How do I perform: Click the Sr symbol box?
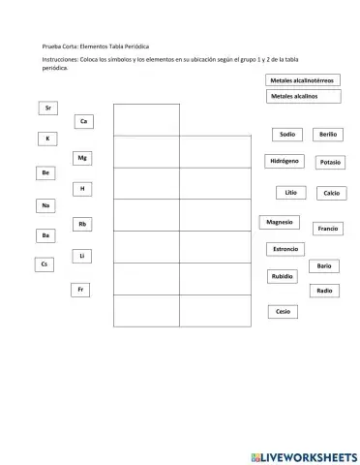(x=48, y=108)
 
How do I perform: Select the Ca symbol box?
(x=84, y=121)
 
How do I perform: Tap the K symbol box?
(x=46, y=139)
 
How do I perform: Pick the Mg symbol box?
(x=84, y=157)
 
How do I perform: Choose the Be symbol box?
(x=45, y=172)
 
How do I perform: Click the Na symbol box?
(x=45, y=205)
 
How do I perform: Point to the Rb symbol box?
(x=83, y=224)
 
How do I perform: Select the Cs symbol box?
(x=44, y=263)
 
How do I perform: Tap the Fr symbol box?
(x=81, y=289)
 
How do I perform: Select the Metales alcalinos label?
(x=303, y=97)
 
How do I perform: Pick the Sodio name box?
(x=286, y=135)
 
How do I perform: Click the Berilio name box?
(x=327, y=135)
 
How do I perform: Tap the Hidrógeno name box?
(x=285, y=161)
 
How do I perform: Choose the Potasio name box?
(x=329, y=163)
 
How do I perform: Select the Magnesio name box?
(x=281, y=222)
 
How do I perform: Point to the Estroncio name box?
(x=285, y=249)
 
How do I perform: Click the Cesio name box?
(x=283, y=312)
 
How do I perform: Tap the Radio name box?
(x=324, y=291)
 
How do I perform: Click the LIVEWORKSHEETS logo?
(x=303, y=456)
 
